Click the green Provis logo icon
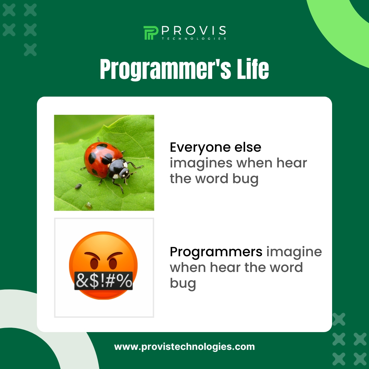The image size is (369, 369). [x=151, y=33]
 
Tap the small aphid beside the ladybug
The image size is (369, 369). [x=78, y=186]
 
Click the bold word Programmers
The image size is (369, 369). [x=216, y=252]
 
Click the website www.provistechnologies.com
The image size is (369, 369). [x=184, y=347]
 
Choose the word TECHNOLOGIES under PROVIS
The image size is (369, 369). [x=194, y=39]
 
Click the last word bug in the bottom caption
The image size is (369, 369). [x=183, y=283]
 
